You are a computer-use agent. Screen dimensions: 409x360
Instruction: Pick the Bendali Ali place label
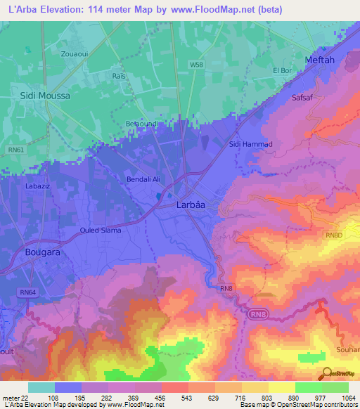pyautogui.click(x=143, y=180)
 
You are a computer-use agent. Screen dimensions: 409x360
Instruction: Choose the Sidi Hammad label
pyautogui.click(x=250, y=144)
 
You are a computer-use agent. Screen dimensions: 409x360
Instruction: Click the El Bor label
pyautogui.click(x=282, y=70)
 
